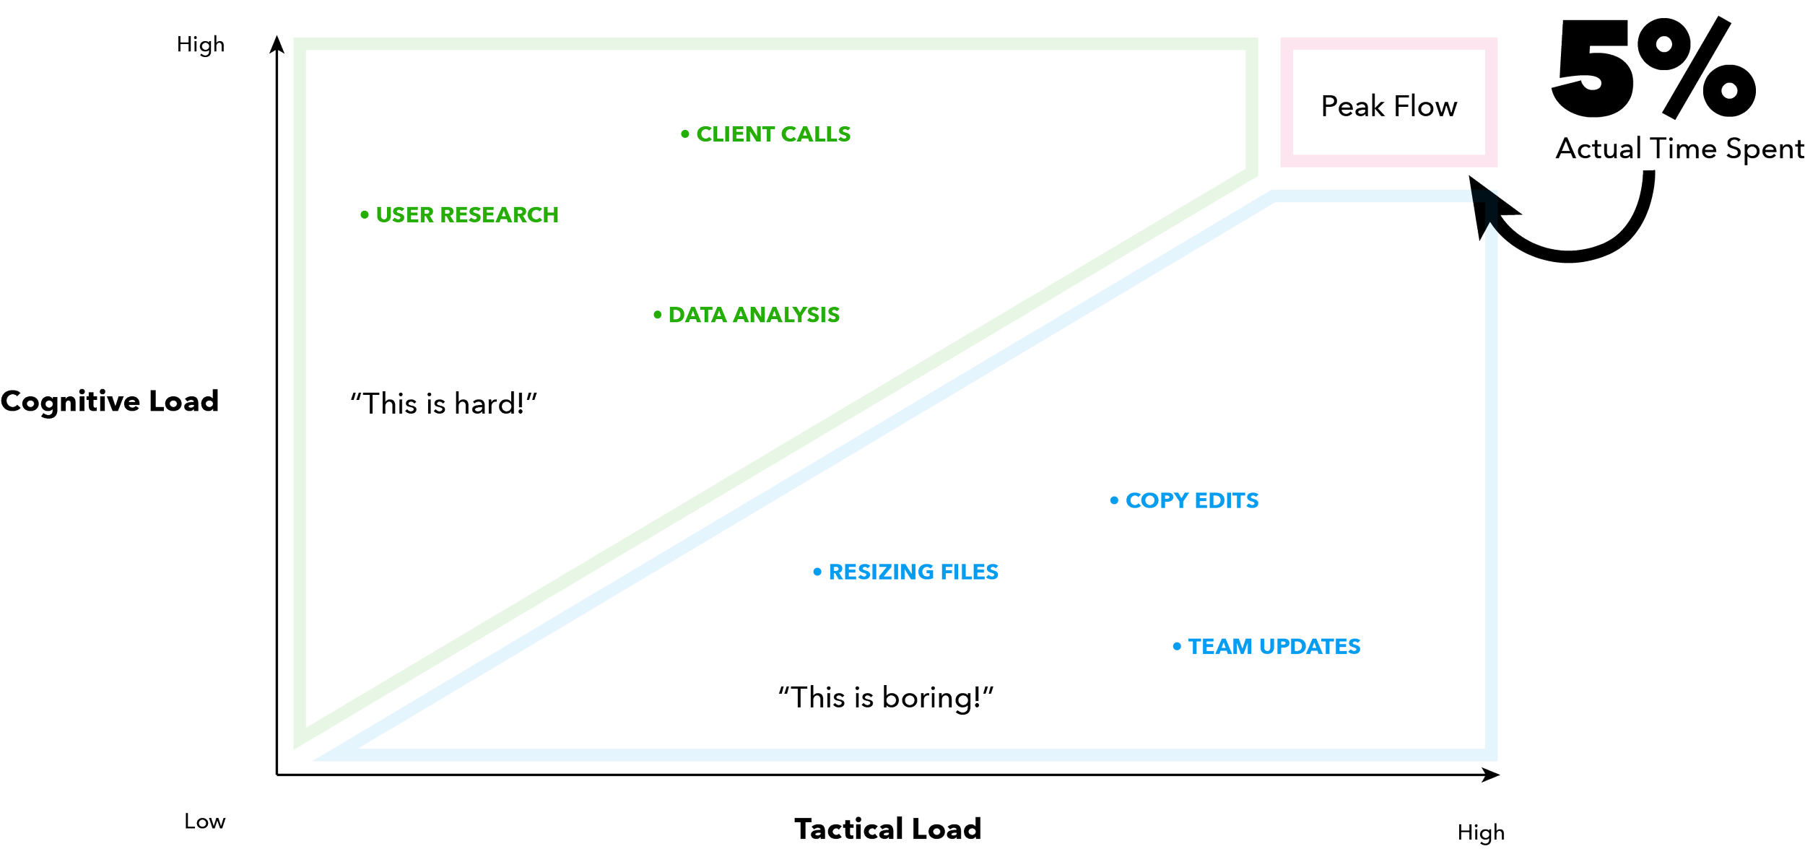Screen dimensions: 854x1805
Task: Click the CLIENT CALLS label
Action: [x=773, y=134]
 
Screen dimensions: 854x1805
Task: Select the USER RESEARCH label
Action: [x=466, y=214]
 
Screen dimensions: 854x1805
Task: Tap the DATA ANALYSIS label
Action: [x=753, y=315]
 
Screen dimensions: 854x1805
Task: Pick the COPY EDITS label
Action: [x=1191, y=500]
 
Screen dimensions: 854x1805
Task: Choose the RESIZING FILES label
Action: [x=913, y=572]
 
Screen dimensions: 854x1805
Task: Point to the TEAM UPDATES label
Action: [x=1274, y=645]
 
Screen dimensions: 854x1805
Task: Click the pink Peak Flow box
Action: [x=1388, y=103]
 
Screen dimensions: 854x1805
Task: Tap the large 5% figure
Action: [x=1653, y=69]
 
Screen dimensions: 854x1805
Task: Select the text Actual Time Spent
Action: [x=1679, y=149]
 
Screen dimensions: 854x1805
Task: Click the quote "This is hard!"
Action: [x=444, y=403]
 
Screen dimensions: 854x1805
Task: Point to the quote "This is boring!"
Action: [x=886, y=697]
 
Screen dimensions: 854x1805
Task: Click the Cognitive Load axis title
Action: [x=108, y=401]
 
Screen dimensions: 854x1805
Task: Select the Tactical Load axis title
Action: [x=887, y=829]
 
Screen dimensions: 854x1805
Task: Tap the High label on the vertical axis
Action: [x=201, y=45]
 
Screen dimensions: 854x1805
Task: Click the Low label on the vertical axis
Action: [x=204, y=822]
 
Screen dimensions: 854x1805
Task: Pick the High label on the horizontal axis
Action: [x=1481, y=832]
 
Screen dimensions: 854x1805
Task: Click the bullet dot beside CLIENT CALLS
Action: [x=684, y=134]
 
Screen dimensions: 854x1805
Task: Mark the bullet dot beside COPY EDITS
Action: [x=1114, y=500]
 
